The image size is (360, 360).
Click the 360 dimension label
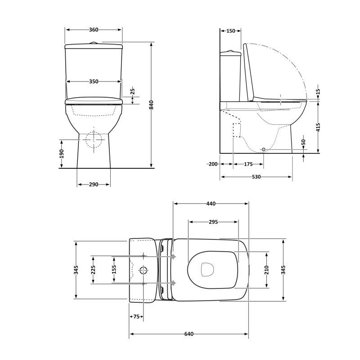(x=94, y=30)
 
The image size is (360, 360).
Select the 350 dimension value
(x=94, y=81)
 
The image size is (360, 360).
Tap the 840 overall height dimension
(x=151, y=105)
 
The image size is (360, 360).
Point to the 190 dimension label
(x=62, y=154)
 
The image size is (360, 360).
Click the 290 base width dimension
(x=94, y=184)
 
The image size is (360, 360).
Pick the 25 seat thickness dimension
(x=133, y=92)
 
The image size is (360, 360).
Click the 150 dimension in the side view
(x=231, y=31)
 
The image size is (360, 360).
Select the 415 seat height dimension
(x=318, y=127)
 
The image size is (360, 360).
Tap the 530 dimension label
(x=256, y=177)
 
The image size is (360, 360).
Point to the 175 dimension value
(x=248, y=164)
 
